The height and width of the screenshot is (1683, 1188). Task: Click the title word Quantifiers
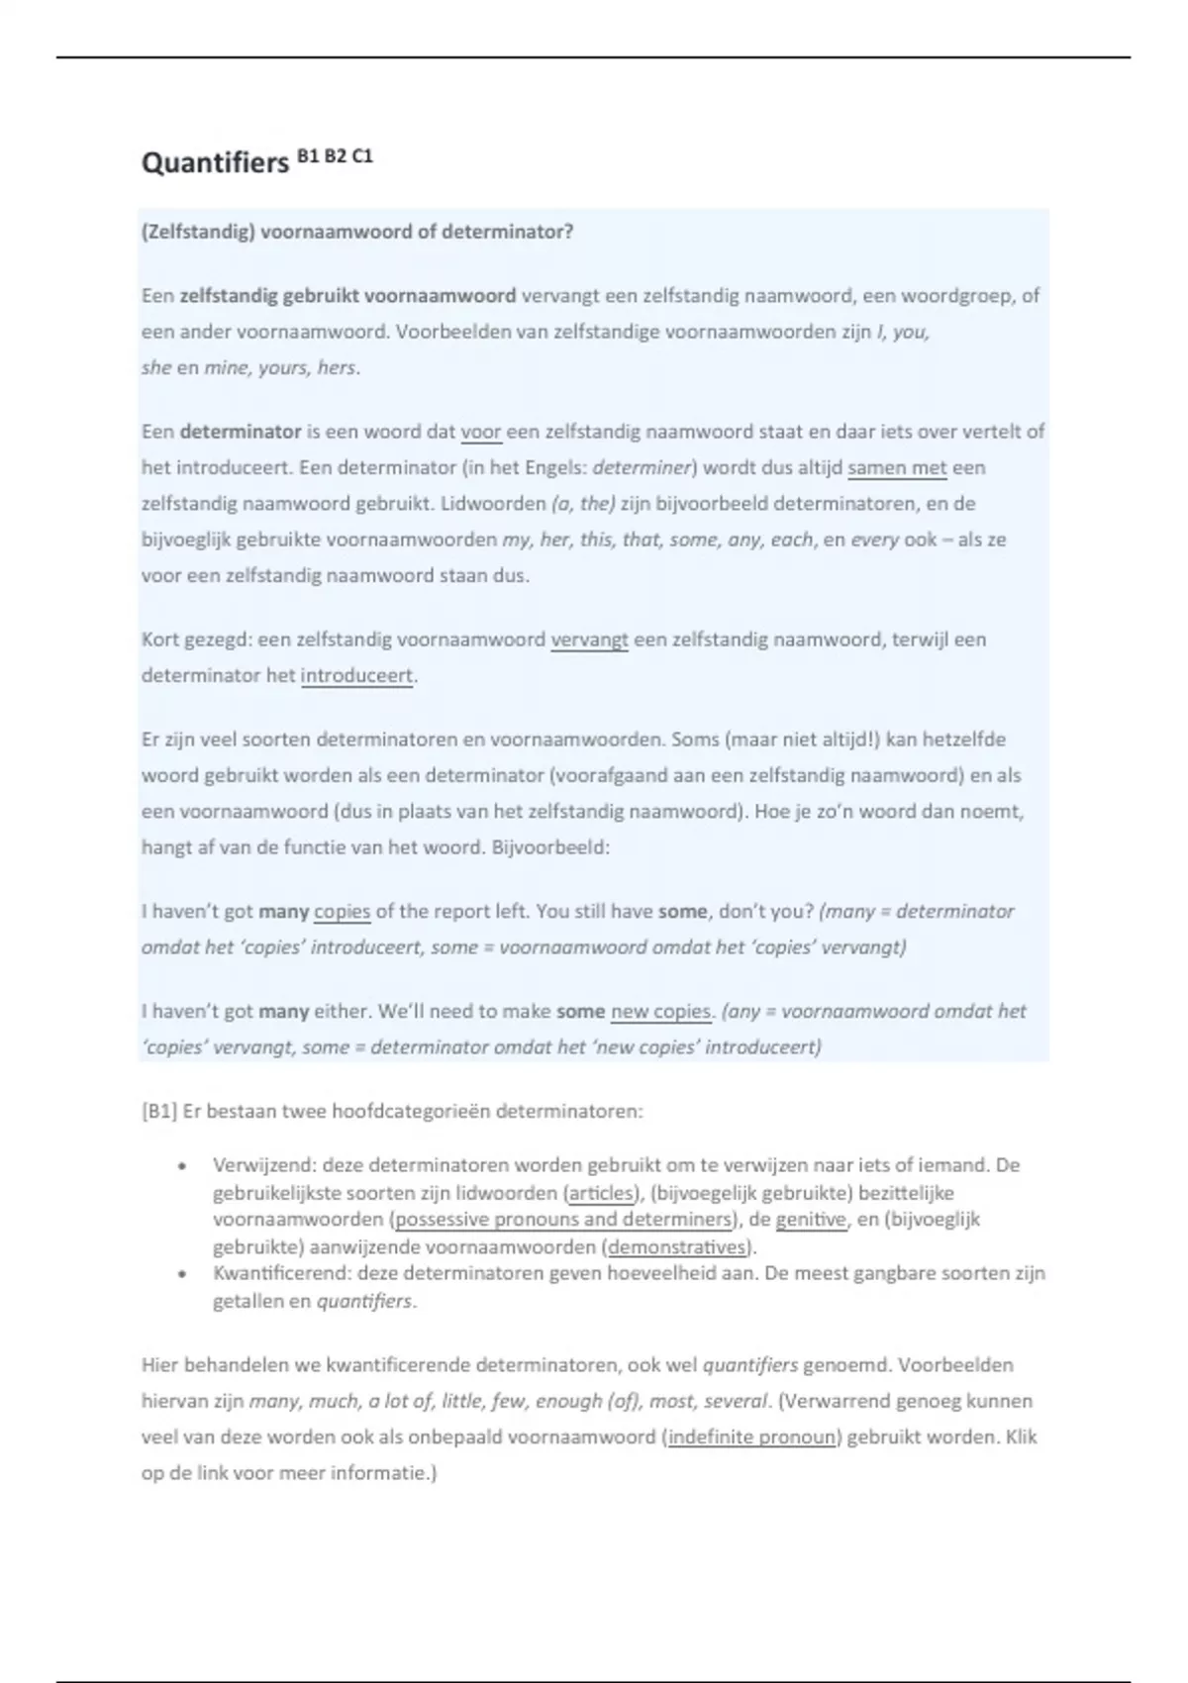coord(215,162)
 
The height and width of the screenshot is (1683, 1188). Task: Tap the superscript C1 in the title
coord(361,155)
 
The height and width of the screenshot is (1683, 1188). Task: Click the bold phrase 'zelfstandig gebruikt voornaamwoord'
coord(347,295)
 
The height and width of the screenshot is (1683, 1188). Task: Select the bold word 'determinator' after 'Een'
coord(241,432)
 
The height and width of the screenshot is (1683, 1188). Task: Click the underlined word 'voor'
coord(481,432)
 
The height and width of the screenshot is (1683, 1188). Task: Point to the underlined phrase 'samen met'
coord(897,467)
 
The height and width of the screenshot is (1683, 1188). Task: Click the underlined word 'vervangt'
coord(589,640)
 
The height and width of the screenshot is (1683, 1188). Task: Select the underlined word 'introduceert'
coord(356,675)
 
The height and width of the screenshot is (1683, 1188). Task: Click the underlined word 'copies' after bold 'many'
coord(342,911)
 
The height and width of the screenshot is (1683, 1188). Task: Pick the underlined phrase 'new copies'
coord(660,1011)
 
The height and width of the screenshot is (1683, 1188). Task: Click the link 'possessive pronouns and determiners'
coord(563,1220)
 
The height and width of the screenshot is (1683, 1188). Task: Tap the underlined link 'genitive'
coord(812,1220)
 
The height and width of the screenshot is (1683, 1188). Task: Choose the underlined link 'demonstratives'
coord(677,1246)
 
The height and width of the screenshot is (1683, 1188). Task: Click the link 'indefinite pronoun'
coord(752,1436)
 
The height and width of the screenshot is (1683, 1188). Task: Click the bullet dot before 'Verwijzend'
coord(182,1166)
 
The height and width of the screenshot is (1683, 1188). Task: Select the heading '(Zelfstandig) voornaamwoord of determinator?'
coord(357,232)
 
